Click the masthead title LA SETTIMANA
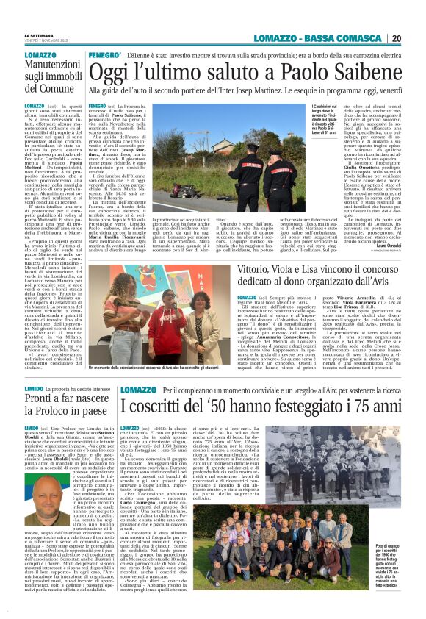point(38,35)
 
